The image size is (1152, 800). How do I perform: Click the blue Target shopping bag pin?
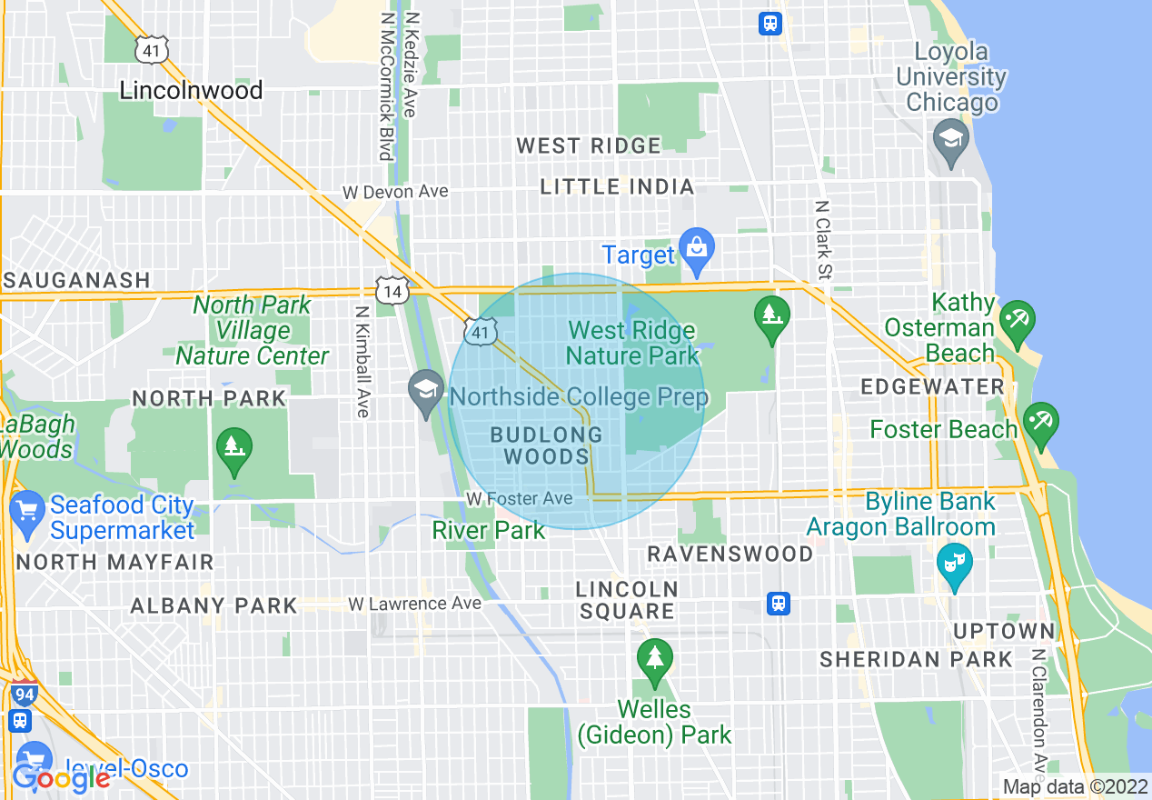click(x=697, y=249)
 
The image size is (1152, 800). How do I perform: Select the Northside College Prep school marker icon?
click(x=426, y=391)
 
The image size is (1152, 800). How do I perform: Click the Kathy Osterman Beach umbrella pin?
click(x=1016, y=321)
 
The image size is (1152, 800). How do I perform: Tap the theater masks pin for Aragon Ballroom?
click(x=954, y=564)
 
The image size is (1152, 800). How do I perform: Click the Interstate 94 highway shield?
click(x=25, y=693)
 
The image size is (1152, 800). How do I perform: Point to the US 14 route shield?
click(x=392, y=291)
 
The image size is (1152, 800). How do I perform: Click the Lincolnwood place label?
click(x=191, y=90)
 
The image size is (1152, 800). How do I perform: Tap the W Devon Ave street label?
click(x=395, y=192)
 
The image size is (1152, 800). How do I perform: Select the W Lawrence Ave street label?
click(x=415, y=604)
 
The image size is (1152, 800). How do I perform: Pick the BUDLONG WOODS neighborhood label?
click(x=546, y=445)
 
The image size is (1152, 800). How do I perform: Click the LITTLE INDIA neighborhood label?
click(x=617, y=187)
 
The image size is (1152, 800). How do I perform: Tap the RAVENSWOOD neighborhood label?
click(x=730, y=554)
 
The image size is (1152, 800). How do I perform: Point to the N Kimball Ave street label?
click(x=362, y=360)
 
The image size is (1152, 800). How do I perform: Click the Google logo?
click(x=61, y=778)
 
